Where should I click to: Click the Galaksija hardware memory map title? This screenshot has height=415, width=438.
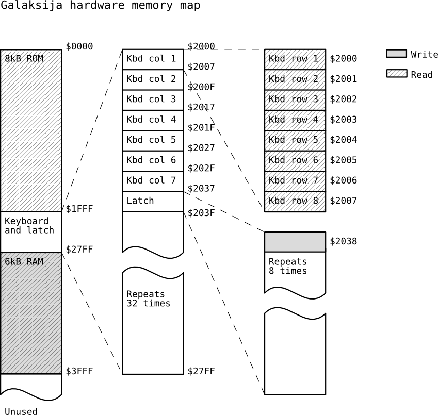point(100,6)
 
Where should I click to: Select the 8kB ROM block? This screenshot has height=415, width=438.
point(31,130)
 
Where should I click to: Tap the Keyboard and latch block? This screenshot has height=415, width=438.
point(31,231)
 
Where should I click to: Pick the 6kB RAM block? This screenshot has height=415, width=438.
point(31,312)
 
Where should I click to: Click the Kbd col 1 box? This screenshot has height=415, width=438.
point(153,59)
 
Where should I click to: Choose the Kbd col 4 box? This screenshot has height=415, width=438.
point(153,120)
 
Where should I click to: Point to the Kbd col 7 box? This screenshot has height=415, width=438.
point(153,181)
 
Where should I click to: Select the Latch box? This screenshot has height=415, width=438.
point(153,201)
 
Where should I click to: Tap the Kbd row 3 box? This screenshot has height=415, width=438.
point(295,99)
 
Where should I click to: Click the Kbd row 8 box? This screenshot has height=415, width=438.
point(295,201)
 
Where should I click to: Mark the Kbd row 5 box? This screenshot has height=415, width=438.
point(295,140)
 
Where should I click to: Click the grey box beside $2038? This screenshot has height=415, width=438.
point(295,242)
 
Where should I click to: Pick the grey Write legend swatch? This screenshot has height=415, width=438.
point(396,54)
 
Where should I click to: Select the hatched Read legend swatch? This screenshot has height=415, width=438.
point(396,74)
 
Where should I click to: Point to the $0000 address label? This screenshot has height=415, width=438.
point(79,47)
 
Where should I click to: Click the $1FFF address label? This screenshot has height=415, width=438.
point(79,209)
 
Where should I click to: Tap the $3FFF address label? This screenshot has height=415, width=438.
point(79,371)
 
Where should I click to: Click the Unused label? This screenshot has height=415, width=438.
point(21,411)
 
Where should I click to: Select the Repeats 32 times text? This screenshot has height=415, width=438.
point(149,298)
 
